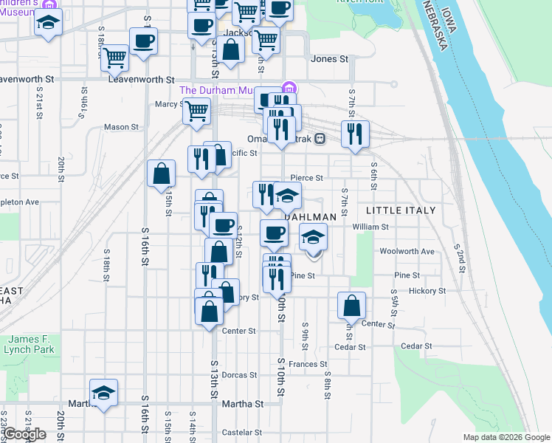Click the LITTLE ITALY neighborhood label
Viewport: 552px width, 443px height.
click(x=401, y=210)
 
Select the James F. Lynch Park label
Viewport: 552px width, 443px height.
click(x=32, y=343)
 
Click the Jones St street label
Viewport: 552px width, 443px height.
click(x=329, y=58)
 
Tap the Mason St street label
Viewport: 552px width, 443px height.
click(x=121, y=127)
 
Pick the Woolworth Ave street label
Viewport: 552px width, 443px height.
click(x=407, y=252)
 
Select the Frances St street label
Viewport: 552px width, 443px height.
click(x=308, y=364)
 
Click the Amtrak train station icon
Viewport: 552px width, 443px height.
click(x=320, y=138)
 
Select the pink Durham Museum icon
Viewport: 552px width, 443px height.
click(x=289, y=89)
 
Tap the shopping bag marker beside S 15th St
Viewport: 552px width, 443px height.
click(x=161, y=175)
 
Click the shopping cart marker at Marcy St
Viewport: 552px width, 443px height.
click(x=196, y=110)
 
